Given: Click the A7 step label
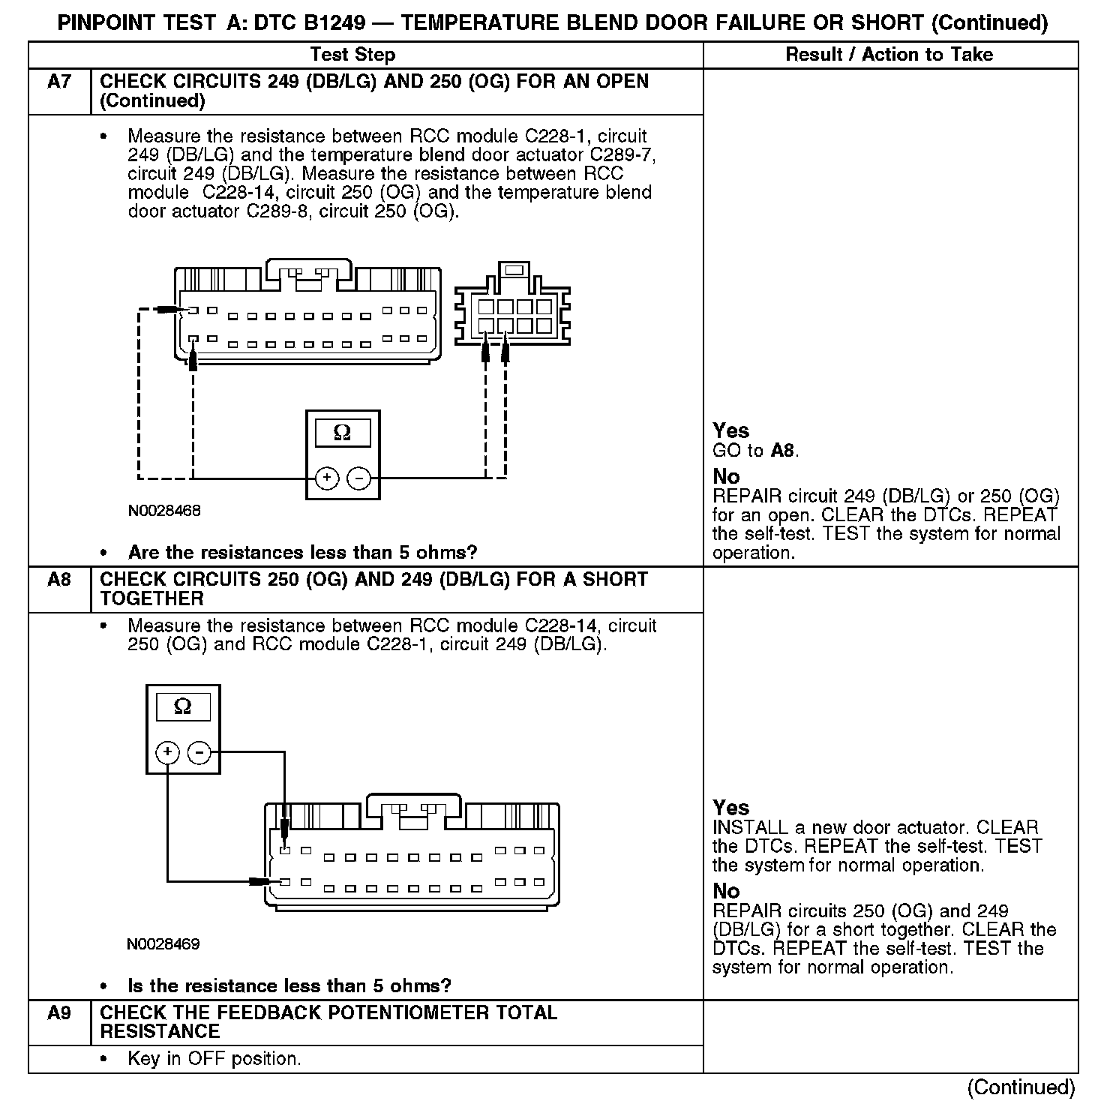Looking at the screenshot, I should click(58, 82).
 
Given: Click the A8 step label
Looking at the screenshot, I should click(58, 580).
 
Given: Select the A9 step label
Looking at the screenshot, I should click(58, 1013).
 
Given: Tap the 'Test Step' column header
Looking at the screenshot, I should click(352, 55).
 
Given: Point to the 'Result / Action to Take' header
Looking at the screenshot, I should click(889, 55).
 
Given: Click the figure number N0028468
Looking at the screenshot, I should click(164, 511).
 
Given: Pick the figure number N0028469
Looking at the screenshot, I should click(163, 944).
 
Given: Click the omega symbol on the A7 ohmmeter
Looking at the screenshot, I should click(342, 433).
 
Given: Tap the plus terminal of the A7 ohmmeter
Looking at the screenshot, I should click(327, 478).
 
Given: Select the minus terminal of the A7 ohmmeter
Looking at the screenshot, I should click(359, 478).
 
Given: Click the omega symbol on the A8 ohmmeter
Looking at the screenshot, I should click(182, 706).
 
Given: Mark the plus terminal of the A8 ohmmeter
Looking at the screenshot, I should click(167, 751).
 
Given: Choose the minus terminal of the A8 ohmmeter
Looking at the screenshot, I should click(199, 751).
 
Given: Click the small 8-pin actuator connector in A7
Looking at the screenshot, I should click(514, 307).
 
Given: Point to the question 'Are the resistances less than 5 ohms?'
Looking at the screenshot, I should click(302, 553).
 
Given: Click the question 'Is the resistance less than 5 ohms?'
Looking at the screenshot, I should click(289, 986).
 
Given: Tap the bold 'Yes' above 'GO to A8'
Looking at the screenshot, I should click(730, 430).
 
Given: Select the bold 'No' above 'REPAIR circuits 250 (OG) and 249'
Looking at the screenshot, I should click(726, 891).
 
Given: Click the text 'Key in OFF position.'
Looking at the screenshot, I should click(214, 1059).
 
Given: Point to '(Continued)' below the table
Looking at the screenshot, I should click(1021, 1087).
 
